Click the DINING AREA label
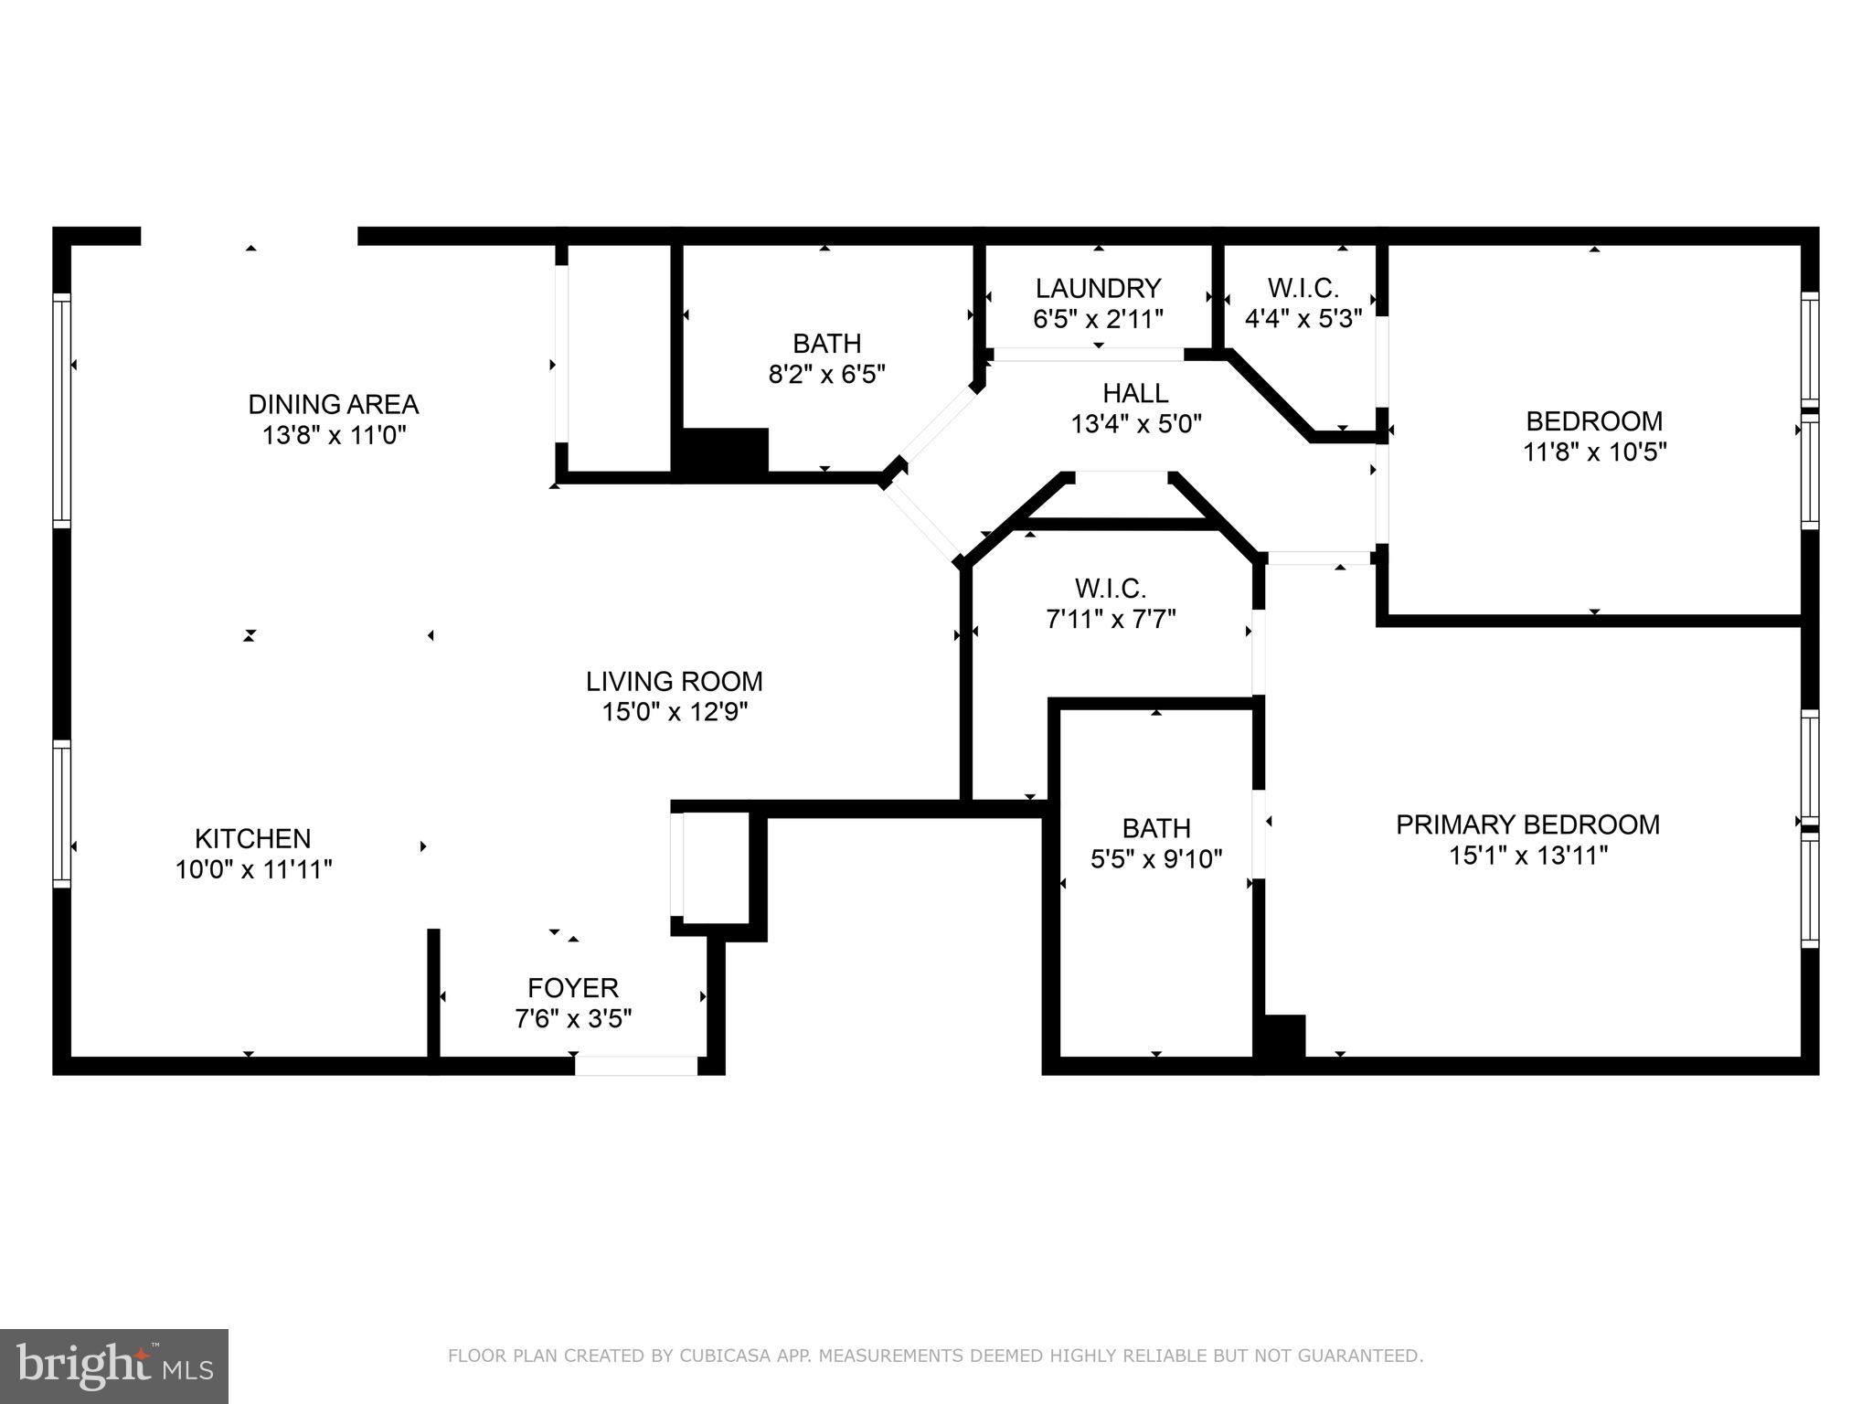333,404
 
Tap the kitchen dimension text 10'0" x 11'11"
253,869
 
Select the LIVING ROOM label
674,681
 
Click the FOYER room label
573,987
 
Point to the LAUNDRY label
1098,289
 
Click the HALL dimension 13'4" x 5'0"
1135,424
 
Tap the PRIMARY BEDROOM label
1527,824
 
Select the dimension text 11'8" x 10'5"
1594,452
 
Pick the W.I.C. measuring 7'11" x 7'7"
1110,603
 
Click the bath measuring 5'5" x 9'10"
1156,843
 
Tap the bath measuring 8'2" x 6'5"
826,358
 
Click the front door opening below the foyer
636,1066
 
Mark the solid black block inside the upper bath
722,451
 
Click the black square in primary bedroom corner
1283,1037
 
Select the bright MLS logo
114,1366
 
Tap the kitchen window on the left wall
61,814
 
